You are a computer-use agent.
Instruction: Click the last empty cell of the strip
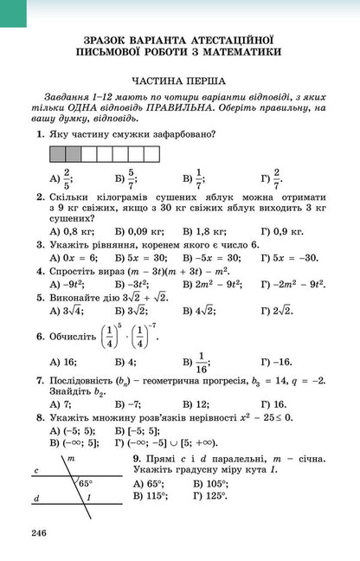point(151,154)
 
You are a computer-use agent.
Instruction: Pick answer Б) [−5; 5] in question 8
point(137,430)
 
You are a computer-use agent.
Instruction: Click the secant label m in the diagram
point(71,457)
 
